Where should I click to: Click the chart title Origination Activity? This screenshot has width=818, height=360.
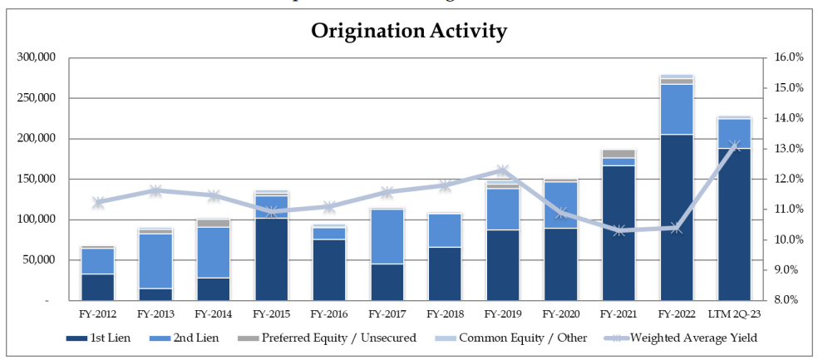pyautogui.click(x=409, y=32)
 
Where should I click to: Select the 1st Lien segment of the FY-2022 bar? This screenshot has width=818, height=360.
pyautogui.click(x=676, y=216)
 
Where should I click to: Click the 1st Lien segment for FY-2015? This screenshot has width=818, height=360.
pyautogui.click(x=271, y=259)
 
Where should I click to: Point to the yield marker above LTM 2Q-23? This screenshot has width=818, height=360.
pyautogui.click(x=734, y=145)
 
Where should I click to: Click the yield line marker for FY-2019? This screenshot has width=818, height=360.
pyautogui.click(x=502, y=171)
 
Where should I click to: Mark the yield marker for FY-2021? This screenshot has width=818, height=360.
pyautogui.click(x=618, y=230)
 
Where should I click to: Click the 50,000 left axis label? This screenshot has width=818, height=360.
pyautogui.click(x=38, y=260)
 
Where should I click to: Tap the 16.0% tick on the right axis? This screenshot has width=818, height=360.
pyautogui.click(x=787, y=57)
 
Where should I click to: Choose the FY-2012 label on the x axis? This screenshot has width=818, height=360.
pyautogui.click(x=98, y=316)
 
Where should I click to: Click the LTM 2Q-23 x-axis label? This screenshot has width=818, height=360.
pyautogui.click(x=734, y=316)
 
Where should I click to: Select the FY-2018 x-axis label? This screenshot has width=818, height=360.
pyautogui.click(x=445, y=316)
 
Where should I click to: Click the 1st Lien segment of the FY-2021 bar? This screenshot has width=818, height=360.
pyautogui.click(x=618, y=233)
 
